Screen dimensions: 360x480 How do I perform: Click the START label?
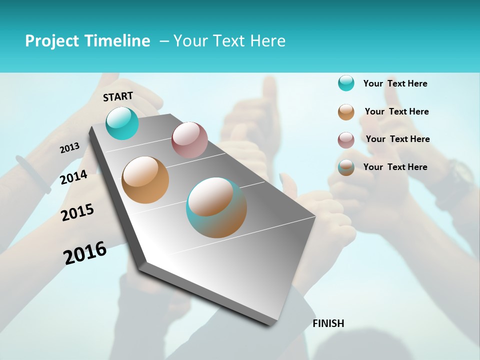[118, 96]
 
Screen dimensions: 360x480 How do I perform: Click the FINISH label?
[328, 323]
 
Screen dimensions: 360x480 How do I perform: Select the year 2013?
[69, 148]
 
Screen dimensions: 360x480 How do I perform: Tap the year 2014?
[73, 177]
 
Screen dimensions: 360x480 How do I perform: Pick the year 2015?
[77, 212]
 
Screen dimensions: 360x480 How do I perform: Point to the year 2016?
[85, 253]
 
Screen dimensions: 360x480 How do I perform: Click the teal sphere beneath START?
[122, 123]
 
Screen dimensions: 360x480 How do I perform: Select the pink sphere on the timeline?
[189, 140]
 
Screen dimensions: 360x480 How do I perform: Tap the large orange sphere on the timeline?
[145, 180]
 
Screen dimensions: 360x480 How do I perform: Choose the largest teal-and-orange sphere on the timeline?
[216, 207]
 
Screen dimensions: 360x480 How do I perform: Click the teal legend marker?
[346, 83]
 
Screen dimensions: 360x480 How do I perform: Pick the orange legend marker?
[346, 111]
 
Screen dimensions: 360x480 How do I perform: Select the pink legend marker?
[346, 139]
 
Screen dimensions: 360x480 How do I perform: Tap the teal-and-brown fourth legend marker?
[346, 167]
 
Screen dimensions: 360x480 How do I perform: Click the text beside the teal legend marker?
[395, 83]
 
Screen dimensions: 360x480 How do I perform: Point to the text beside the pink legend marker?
[397, 139]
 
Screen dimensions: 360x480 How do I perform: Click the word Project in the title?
[51, 41]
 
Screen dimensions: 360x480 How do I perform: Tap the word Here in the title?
[267, 41]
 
